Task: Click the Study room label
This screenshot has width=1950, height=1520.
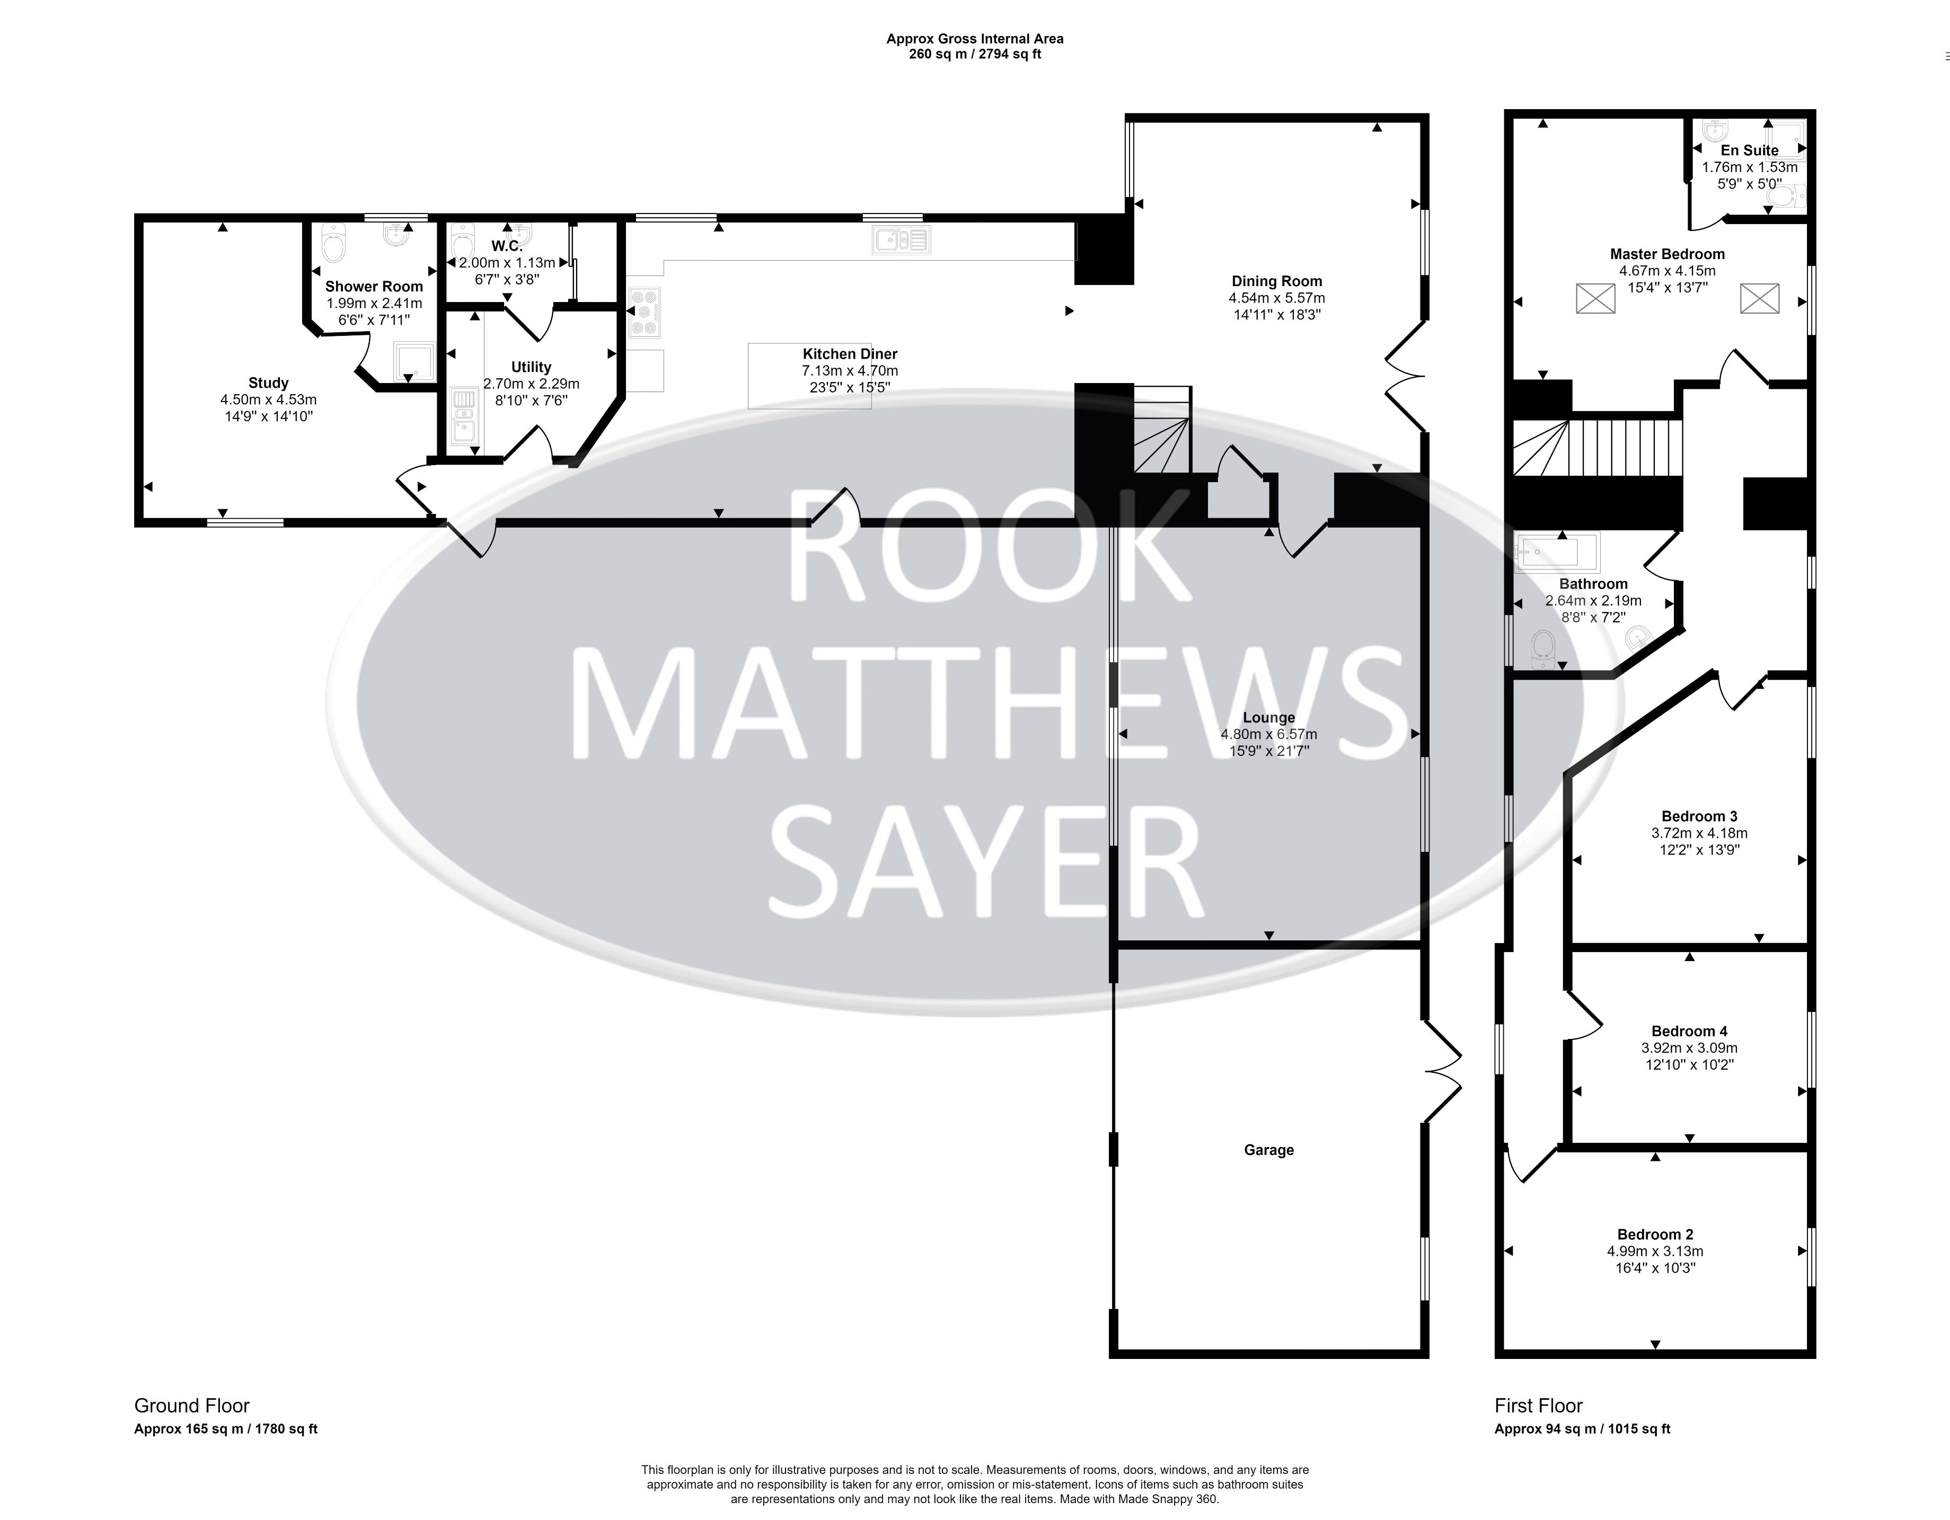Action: pyautogui.click(x=268, y=383)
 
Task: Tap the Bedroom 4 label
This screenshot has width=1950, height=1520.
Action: pyautogui.click(x=1688, y=1032)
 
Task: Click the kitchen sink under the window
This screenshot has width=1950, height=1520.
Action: pyautogui.click(x=902, y=239)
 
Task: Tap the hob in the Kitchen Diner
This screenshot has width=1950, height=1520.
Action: pyautogui.click(x=645, y=313)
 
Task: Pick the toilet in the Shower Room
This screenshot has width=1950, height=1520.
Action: pyautogui.click(x=332, y=242)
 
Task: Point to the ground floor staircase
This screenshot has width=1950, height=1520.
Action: pyautogui.click(x=1162, y=429)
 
